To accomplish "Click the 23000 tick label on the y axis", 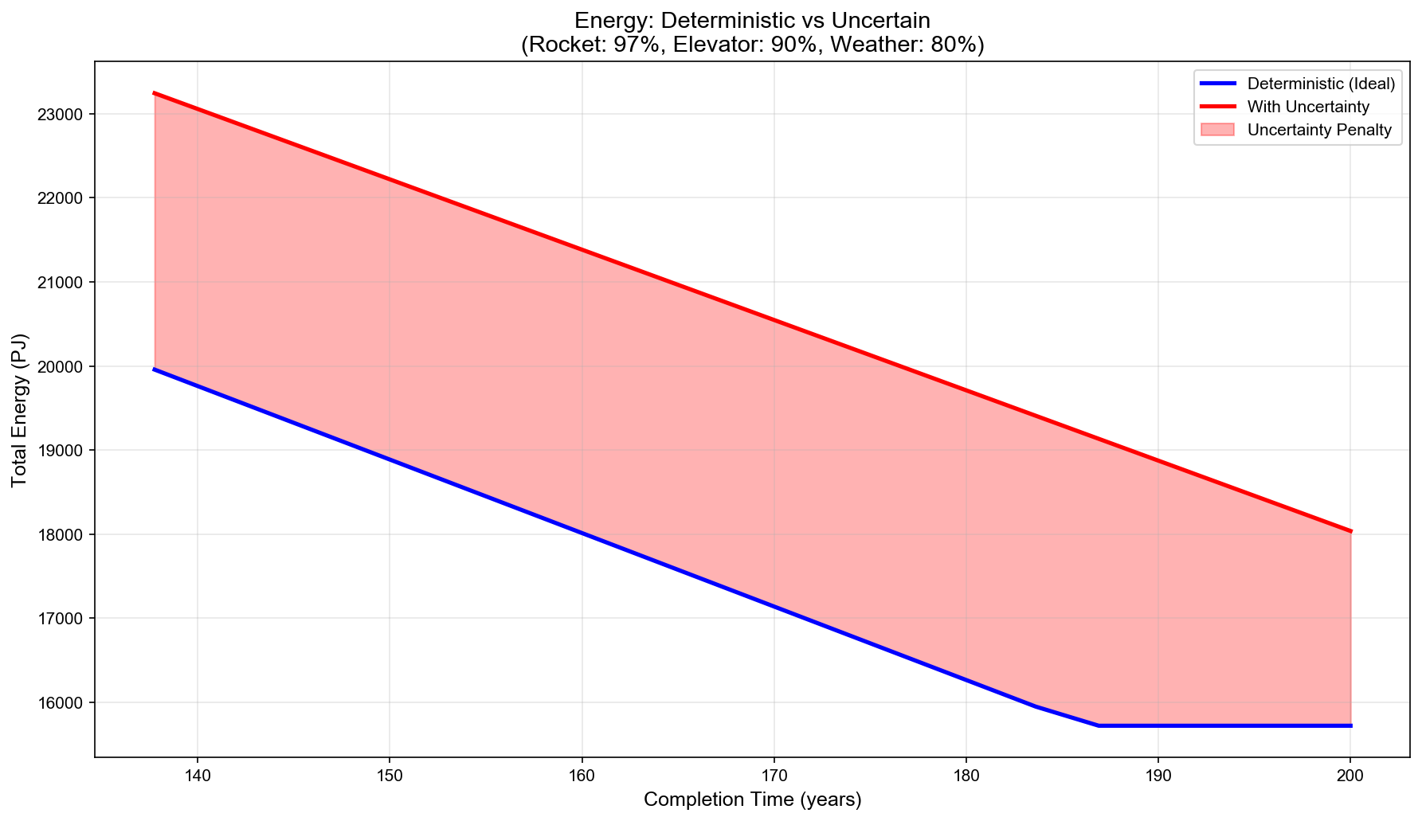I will point(61,115).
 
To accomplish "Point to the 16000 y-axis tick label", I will point(61,703).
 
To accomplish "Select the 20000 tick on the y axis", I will point(61,367).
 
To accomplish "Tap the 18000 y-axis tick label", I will point(61,535).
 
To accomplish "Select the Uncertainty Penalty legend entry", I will point(1319,131).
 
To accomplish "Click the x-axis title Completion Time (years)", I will point(752,799).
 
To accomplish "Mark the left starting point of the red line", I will point(154,93).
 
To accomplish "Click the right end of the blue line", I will point(1350,725).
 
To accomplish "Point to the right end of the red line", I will point(1350,531).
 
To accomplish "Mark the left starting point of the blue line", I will point(154,369).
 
